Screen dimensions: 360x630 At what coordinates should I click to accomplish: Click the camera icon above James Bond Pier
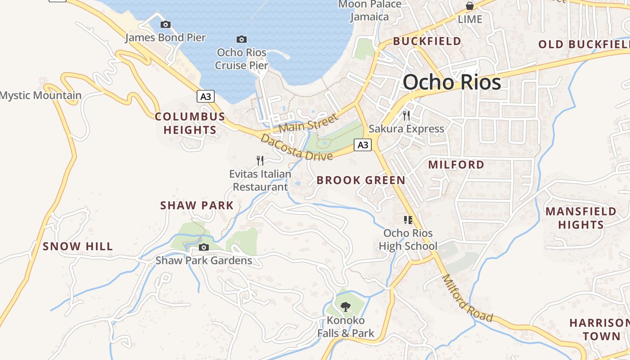(165, 25)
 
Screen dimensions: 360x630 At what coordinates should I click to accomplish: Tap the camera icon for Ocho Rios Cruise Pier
(242, 40)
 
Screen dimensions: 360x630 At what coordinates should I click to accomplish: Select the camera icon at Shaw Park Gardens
(204, 247)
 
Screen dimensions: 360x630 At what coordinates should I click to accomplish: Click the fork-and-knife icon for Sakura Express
(406, 116)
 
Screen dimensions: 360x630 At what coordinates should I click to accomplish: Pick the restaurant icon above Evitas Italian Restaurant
(260, 161)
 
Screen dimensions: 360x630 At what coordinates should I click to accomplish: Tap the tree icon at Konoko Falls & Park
(346, 307)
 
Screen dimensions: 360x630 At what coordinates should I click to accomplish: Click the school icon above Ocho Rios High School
(408, 220)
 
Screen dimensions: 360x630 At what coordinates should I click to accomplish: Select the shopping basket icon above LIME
(470, 6)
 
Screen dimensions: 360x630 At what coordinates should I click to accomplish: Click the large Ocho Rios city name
(452, 82)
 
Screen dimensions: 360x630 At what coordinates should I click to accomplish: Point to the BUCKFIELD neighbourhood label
(427, 41)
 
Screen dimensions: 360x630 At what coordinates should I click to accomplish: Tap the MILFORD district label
(456, 165)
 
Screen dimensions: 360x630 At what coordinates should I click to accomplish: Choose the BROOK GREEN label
(361, 180)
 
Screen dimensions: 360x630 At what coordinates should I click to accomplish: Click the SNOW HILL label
(78, 247)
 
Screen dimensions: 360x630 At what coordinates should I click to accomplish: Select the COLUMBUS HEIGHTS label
(190, 123)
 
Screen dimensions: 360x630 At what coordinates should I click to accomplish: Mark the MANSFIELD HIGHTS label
(581, 218)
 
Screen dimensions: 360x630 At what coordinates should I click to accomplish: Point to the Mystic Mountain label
(41, 95)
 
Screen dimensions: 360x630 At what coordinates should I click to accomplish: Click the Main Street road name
(308, 123)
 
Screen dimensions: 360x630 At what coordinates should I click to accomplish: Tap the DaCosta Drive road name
(297, 148)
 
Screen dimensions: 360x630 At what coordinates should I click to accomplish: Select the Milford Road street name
(467, 298)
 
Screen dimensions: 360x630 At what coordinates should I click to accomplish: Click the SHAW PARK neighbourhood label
(197, 206)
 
